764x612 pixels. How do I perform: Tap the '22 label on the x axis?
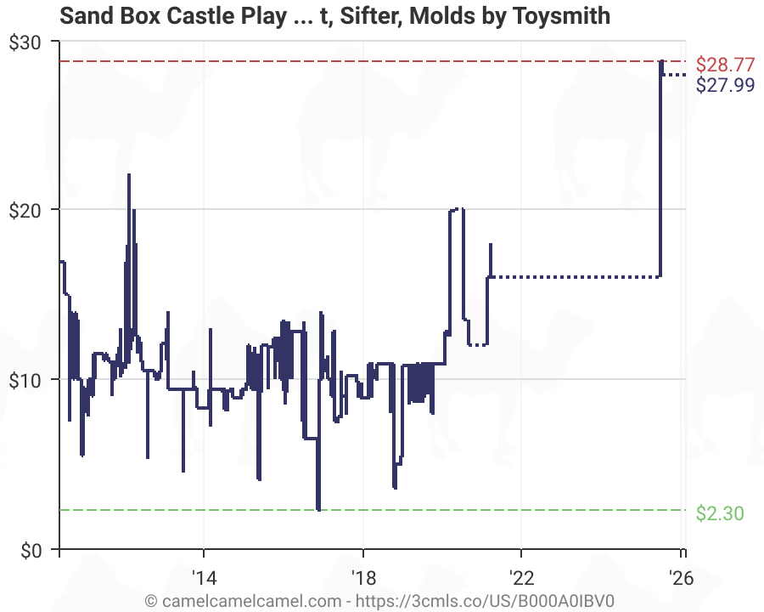point(521,577)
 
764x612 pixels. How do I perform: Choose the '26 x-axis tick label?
point(680,577)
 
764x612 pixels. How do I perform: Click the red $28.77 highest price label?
point(724,64)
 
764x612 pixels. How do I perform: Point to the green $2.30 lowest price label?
point(719,513)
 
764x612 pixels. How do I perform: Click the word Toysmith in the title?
point(563,15)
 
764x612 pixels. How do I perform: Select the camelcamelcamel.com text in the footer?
point(241,599)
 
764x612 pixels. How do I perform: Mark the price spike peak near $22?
point(129,175)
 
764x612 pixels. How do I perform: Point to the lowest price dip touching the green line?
point(318,508)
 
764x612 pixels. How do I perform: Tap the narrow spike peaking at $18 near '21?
point(491,245)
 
